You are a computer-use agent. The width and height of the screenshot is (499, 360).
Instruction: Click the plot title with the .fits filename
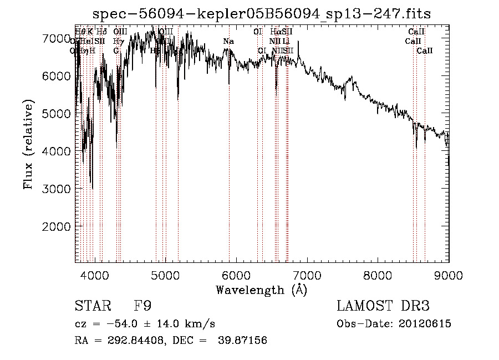tap(261, 13)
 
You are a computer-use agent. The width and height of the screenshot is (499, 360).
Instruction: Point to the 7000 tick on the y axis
tap(76, 38)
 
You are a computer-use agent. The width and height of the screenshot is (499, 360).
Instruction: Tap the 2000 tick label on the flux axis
tap(55, 226)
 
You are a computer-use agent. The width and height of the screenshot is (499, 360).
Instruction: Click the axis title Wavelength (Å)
tap(261, 290)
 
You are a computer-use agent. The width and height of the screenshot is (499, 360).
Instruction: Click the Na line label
tap(228, 41)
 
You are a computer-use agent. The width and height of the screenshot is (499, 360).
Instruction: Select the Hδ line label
tap(102, 32)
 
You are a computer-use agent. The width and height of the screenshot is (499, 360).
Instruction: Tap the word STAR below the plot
tap(92, 306)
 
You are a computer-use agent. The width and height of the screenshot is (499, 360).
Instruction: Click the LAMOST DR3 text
tap(383, 306)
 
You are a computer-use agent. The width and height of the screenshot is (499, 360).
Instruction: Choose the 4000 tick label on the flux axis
tap(55, 151)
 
